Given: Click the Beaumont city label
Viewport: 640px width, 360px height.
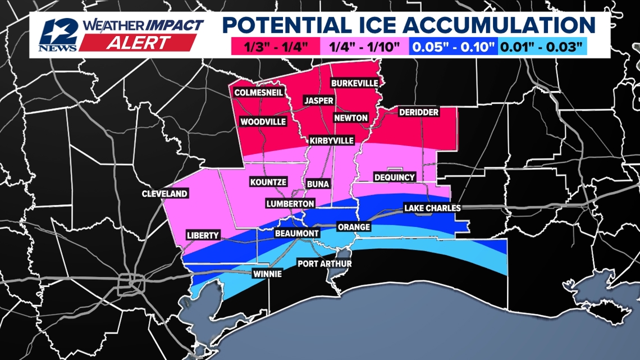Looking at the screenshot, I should (x=297, y=233).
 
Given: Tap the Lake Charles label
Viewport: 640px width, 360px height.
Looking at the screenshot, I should (x=432, y=208).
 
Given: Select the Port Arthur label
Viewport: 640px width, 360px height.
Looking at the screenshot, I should (x=324, y=263).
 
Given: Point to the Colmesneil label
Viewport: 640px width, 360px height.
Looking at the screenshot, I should (x=259, y=93).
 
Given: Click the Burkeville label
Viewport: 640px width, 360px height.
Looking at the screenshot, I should (x=354, y=83).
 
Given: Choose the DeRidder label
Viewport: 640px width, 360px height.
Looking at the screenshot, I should (x=418, y=112).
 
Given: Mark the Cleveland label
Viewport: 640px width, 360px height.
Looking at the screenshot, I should (x=164, y=194).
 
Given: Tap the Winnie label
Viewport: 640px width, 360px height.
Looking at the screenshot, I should (x=267, y=274).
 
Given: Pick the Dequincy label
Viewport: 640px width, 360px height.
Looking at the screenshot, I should (x=395, y=177).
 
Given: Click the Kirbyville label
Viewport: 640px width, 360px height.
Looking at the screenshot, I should (x=332, y=140).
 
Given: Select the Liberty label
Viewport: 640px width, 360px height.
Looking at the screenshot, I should (x=203, y=235).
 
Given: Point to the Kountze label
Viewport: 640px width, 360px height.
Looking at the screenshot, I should (x=268, y=182).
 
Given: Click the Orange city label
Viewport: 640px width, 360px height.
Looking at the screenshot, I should (x=354, y=227).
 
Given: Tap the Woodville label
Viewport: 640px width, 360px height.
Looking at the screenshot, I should (x=263, y=121).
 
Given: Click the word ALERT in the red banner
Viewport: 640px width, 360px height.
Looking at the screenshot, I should (x=136, y=43).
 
